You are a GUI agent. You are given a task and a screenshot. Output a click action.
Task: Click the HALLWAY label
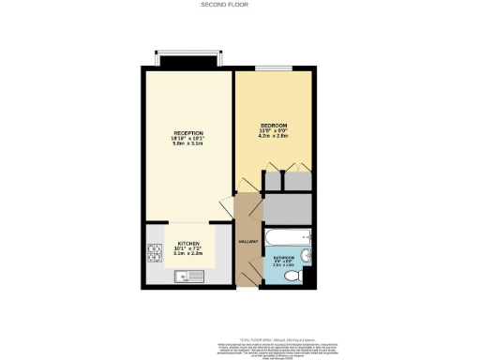tap(248, 242)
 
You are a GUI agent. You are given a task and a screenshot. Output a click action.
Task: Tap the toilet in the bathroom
tap(291, 277)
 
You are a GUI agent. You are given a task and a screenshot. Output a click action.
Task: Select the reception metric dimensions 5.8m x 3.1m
tap(187, 144)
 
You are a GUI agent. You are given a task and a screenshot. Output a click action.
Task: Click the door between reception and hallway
tap(226, 207)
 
